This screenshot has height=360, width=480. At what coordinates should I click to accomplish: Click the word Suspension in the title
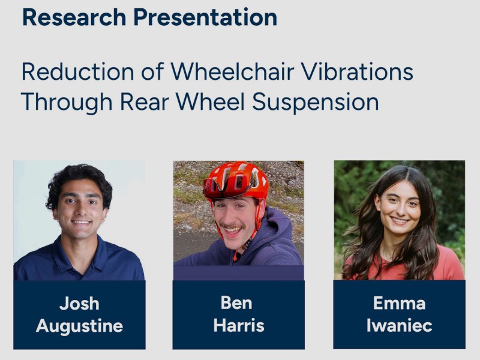pyautogui.click(x=316, y=102)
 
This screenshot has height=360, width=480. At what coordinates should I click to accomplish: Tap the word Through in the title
pyautogui.click(x=66, y=102)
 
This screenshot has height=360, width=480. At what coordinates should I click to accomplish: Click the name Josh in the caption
pyautogui.click(x=79, y=304)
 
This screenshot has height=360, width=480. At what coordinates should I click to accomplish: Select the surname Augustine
pyautogui.click(x=79, y=326)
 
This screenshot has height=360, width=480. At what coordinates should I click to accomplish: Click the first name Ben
pyautogui.click(x=236, y=303)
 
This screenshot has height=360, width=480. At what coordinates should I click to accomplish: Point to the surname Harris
pyautogui.click(x=238, y=326)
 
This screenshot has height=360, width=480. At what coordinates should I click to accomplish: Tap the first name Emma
pyautogui.click(x=399, y=303)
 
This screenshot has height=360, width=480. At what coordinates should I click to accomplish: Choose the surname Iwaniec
pyautogui.click(x=399, y=326)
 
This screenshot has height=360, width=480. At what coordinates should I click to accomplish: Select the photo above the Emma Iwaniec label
pyautogui.click(x=399, y=220)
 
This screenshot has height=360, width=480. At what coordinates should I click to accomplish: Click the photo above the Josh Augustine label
pyautogui.click(x=79, y=220)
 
